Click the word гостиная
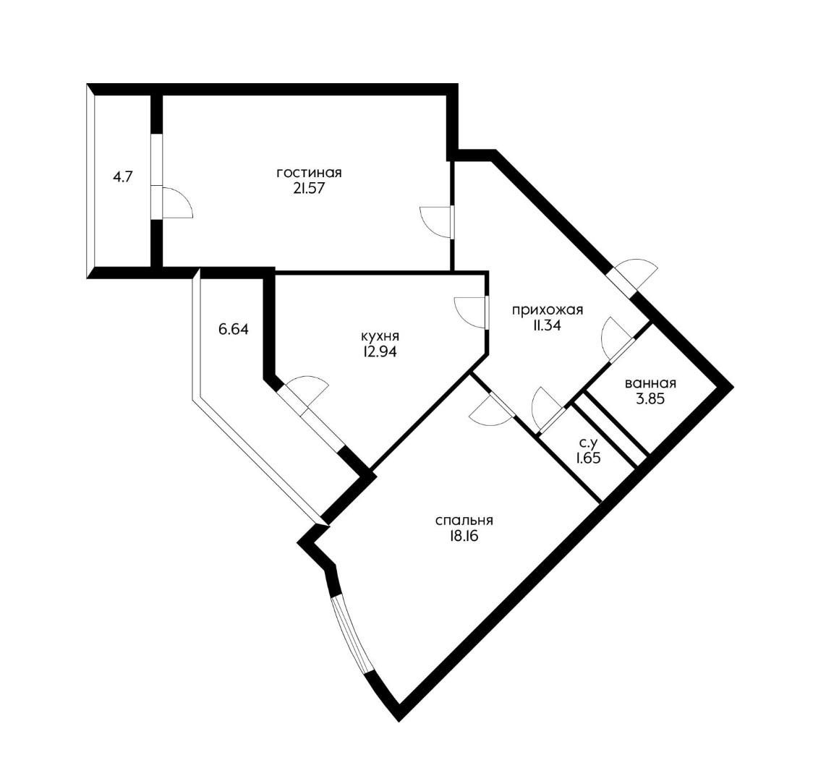tap(309, 173)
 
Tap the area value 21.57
tap(309, 189)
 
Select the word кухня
tap(380, 336)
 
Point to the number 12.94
tap(380, 352)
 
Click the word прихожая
tap(548, 310)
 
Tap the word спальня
tap(464, 520)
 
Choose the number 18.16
tap(461, 536)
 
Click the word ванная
tap(651, 383)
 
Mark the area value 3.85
tap(650, 399)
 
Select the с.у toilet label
tap(589, 443)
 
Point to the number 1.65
tap(589, 458)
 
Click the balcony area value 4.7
tap(123, 176)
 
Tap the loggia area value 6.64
tap(234, 329)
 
